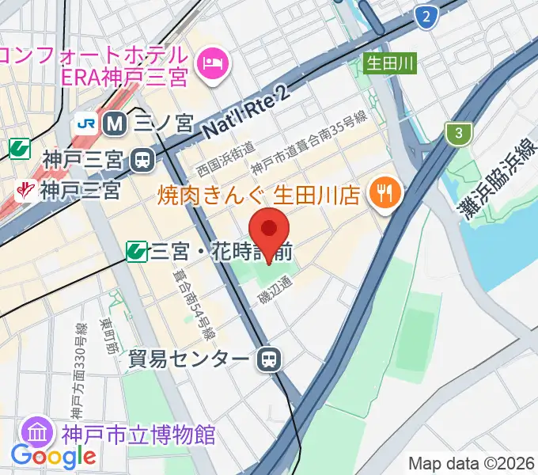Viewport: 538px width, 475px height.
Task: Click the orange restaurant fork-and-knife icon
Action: pyautogui.click(x=388, y=192)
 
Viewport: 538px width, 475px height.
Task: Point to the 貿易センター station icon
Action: pyautogui.click(x=269, y=360)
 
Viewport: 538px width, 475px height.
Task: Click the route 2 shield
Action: pyautogui.click(x=427, y=16)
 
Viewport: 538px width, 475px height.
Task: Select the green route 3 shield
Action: pyautogui.click(x=457, y=133)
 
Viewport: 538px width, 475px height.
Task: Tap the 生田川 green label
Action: pyautogui.click(x=389, y=63)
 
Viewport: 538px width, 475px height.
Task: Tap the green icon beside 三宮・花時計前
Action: pyautogui.click(x=137, y=253)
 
